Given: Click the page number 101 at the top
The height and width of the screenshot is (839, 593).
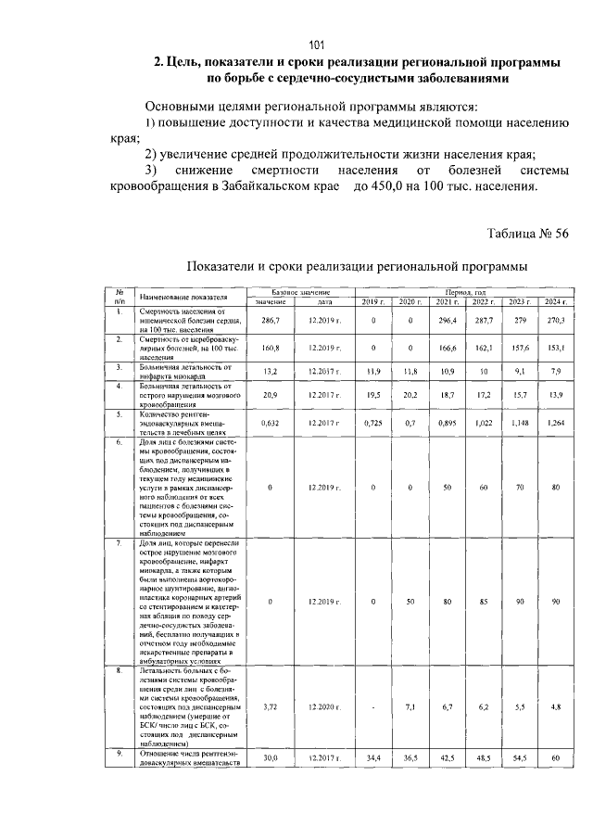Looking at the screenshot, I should pyautogui.click(x=316, y=45).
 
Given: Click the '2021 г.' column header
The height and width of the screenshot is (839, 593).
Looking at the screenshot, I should pyautogui.click(x=448, y=302).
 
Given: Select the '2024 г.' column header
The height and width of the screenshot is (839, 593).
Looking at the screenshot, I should pyautogui.click(x=553, y=302).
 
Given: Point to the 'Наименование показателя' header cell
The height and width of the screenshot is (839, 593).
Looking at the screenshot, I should pyautogui.click(x=183, y=297).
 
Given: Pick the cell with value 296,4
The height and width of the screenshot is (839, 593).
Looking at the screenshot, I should pyautogui.click(x=448, y=320).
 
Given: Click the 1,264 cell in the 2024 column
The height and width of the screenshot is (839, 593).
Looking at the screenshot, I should pyautogui.click(x=553, y=423).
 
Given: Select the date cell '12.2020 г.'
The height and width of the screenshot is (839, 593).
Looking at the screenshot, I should pyautogui.click(x=323, y=707).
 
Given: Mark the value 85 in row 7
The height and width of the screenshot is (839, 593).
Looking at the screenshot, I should pyautogui.click(x=482, y=602).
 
